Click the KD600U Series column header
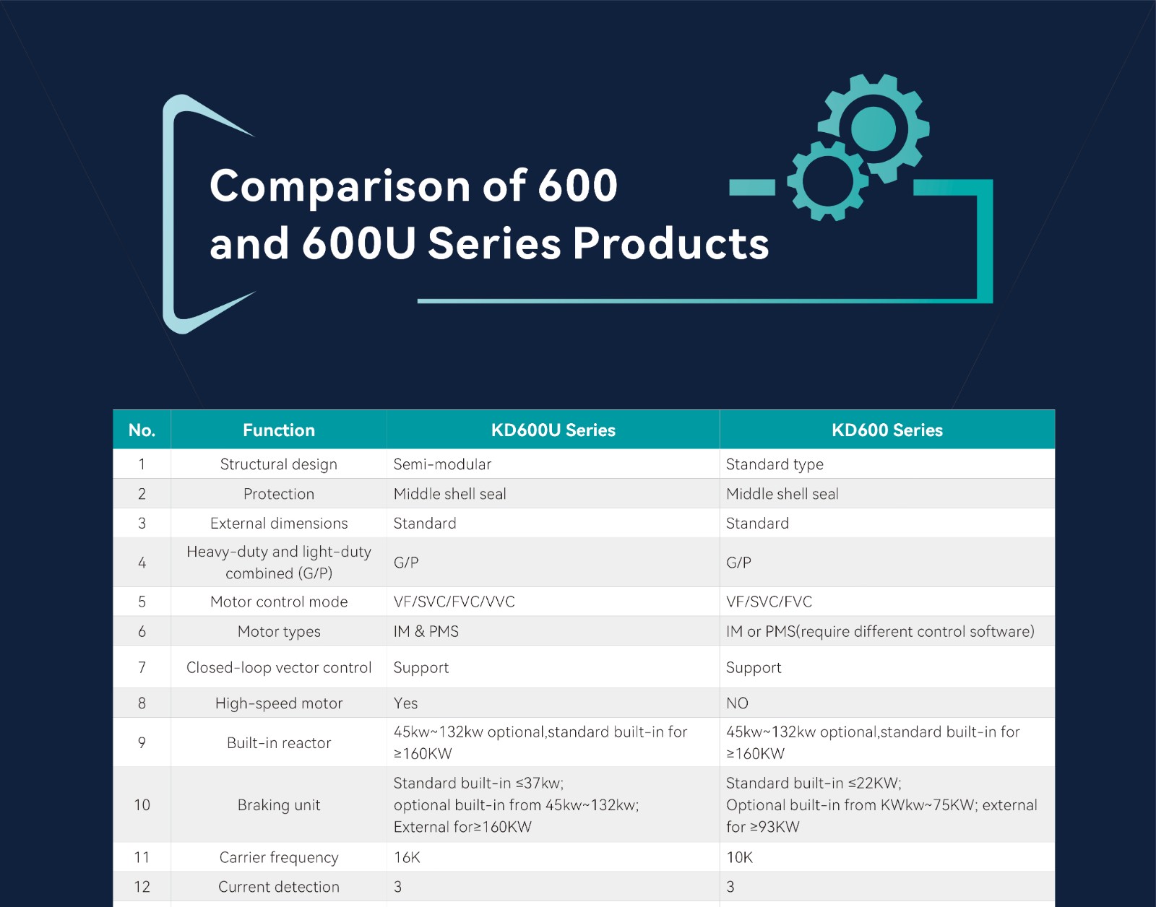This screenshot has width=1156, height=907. click(553, 430)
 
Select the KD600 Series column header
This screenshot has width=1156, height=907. click(887, 430)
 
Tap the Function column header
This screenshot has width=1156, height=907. click(279, 430)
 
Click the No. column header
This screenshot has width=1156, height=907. click(142, 430)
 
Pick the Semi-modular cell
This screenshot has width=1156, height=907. click(442, 464)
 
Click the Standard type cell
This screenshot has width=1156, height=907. click(775, 464)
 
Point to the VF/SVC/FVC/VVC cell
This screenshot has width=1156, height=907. click(454, 602)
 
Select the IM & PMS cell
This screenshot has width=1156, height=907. click(426, 631)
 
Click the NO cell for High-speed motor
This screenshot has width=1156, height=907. click(737, 703)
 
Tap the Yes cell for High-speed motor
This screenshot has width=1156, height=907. click(405, 703)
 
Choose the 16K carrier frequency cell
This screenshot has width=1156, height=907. click(407, 857)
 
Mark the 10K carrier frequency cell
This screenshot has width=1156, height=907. click(739, 857)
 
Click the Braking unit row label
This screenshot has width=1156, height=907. click(279, 805)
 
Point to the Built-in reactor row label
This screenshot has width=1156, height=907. click(279, 743)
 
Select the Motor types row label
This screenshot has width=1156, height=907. click(279, 631)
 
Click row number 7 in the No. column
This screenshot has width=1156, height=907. click(142, 667)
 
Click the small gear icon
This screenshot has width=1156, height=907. click(827, 181)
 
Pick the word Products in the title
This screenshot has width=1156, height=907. click(670, 243)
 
